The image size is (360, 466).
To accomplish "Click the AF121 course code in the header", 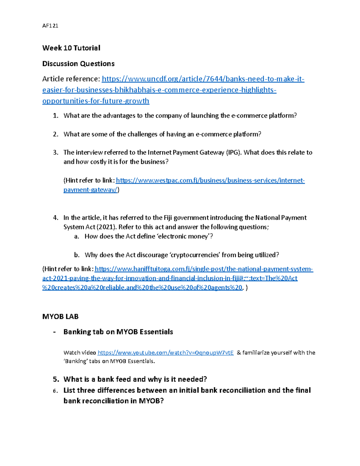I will point(50,26).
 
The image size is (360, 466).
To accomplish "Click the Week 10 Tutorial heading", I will point(71,48).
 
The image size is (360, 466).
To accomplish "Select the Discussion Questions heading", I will point(78,64).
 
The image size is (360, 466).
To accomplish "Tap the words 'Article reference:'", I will point(71,79).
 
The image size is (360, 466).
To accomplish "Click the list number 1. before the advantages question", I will point(55,116).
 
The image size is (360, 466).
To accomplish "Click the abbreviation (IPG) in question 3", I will point(234,152).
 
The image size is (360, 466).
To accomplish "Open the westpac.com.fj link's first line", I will point(210,180).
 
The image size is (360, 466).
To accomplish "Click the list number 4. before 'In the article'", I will point(55,218).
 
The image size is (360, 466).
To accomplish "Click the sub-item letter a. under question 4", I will point(77,236).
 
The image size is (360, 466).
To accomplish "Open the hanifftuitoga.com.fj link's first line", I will point(204,269).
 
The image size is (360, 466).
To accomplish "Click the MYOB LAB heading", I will point(60,317).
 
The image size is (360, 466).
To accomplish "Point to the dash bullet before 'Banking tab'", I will point(54,332).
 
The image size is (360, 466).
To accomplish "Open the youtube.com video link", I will point(166,353).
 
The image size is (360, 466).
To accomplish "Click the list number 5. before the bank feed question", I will point(56,379).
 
